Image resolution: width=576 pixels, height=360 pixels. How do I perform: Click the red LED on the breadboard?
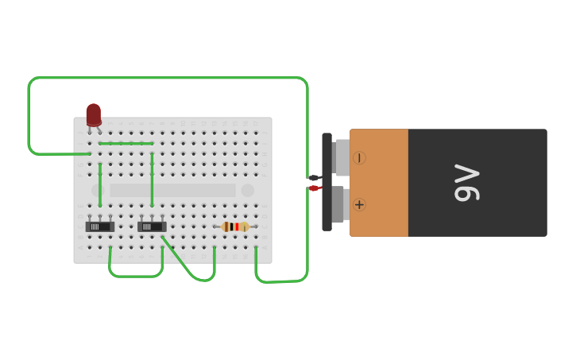click(x=94, y=114)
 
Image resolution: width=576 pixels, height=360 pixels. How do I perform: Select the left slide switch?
click(x=100, y=226)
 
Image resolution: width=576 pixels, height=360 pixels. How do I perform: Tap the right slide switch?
click(x=152, y=226)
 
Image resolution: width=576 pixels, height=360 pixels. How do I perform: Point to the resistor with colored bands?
click(x=235, y=226)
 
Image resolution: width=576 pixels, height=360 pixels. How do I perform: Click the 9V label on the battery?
click(x=466, y=183)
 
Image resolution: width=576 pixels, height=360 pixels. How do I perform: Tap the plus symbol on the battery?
click(x=359, y=205)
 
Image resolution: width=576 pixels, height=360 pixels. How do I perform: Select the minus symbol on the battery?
click(x=359, y=158)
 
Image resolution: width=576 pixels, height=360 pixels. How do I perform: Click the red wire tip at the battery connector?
click(x=314, y=188)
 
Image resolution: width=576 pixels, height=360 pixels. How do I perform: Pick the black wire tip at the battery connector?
click(x=314, y=178)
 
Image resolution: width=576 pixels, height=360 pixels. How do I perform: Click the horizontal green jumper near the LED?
click(x=126, y=144)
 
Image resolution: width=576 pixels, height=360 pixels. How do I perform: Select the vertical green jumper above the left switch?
click(x=100, y=184)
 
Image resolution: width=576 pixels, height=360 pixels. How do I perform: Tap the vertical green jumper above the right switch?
click(x=152, y=179)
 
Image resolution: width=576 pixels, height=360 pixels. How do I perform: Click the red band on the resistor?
click(x=237, y=226)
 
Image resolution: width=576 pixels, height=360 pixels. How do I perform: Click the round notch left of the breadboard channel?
click(x=97, y=191)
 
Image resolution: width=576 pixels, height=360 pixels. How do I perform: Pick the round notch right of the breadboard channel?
click(x=248, y=191)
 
